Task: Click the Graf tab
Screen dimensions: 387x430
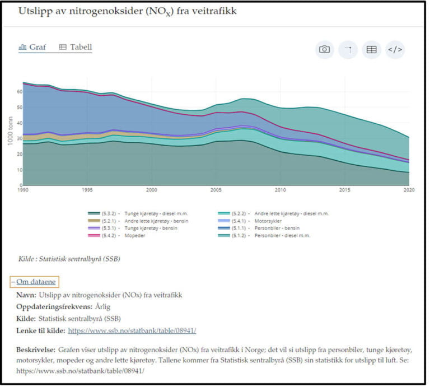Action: click(x=33, y=48)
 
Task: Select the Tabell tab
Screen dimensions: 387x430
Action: click(x=76, y=48)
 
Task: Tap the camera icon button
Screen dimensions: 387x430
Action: click(x=324, y=50)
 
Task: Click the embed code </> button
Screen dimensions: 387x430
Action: click(x=395, y=50)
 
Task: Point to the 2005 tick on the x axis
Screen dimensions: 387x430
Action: click(x=216, y=190)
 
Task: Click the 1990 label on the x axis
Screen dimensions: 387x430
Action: click(x=23, y=190)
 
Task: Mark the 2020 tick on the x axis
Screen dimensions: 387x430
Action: click(x=408, y=190)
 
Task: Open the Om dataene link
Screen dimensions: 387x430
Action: click(x=36, y=282)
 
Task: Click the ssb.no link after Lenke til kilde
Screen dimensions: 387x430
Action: click(x=132, y=330)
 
